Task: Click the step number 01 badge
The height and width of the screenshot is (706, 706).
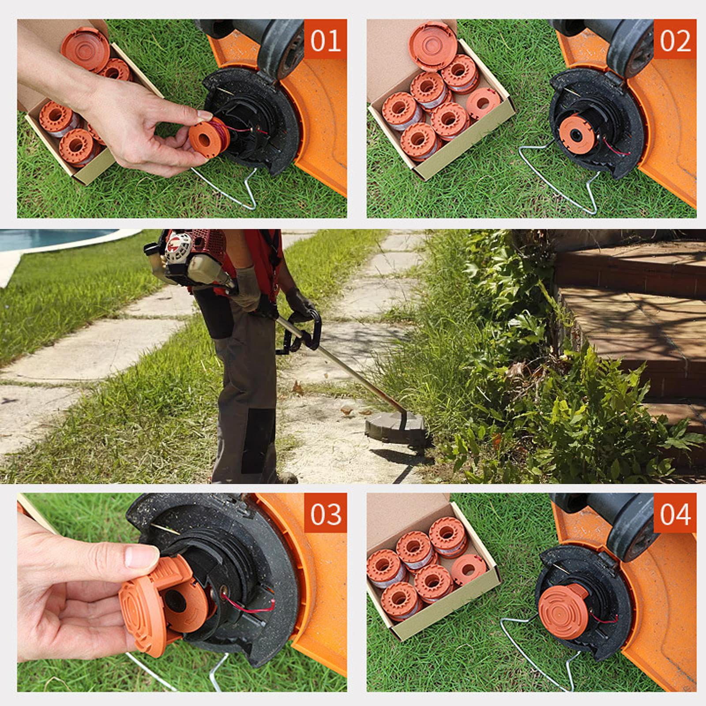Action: [325, 40]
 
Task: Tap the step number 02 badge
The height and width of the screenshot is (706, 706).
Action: [675, 40]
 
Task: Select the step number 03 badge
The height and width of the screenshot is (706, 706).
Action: [325, 514]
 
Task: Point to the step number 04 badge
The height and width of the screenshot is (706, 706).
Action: [675, 514]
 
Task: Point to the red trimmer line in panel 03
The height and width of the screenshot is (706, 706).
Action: [247, 604]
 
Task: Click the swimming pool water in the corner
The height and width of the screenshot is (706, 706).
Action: [49, 238]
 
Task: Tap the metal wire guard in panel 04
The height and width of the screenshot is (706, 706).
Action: [529, 657]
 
